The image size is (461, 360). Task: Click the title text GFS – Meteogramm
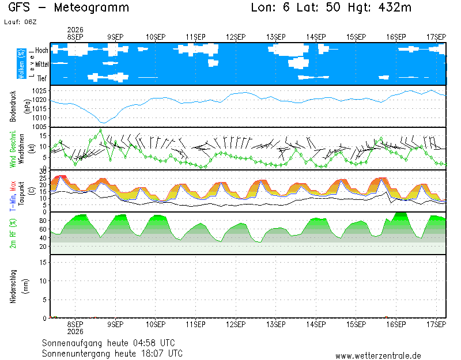69,7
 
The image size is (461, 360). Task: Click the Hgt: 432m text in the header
380,7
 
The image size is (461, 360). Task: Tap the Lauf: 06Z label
20,22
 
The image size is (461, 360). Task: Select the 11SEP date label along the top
195,37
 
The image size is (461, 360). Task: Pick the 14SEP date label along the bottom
316,324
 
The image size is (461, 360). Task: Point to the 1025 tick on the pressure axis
39,91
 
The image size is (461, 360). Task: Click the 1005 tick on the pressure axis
39,127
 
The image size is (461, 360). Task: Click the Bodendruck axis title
13,107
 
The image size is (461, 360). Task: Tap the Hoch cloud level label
41,50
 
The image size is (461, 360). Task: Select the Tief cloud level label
41,78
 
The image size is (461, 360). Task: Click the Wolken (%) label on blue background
21,64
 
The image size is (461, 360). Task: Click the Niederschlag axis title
13,286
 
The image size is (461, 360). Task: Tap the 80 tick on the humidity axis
43,221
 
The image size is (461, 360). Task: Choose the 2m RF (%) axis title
13,233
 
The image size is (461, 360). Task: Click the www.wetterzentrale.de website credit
378,356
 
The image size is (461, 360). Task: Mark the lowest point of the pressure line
103,123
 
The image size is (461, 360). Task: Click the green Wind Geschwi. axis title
13,149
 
